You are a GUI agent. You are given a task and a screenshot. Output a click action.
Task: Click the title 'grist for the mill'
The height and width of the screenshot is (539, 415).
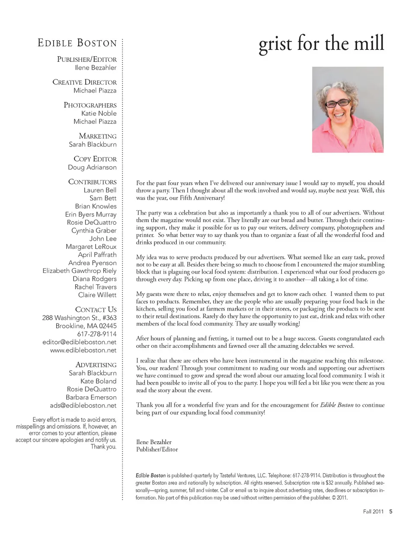pos(321,44)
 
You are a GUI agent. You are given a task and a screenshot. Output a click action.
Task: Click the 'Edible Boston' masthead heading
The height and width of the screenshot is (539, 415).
pos(77,43)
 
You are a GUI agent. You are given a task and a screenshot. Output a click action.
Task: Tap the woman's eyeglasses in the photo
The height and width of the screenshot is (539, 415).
pos(338,103)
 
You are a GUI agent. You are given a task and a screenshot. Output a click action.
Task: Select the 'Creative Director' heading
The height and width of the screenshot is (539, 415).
pos(84,82)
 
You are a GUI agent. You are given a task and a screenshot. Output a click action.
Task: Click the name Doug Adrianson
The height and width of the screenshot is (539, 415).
pos(92,167)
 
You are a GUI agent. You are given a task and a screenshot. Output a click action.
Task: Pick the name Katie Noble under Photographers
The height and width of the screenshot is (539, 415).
pos(99,113)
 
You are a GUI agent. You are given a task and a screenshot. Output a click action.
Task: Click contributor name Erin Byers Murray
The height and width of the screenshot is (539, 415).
pos(91,215)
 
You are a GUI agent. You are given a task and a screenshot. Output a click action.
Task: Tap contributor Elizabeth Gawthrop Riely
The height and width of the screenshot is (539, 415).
pos(80,271)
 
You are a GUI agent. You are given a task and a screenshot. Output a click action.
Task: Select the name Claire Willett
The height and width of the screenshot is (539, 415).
pos(97,295)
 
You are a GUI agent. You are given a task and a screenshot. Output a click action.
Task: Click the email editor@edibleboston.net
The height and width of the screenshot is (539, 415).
pos(80,342)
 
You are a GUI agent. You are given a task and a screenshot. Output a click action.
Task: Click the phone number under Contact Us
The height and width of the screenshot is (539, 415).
pos(97,334)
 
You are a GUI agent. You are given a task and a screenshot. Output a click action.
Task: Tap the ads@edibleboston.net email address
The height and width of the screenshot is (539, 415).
pos(83,406)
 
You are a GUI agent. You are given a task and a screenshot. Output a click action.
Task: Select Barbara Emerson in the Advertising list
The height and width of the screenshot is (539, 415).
pos(91,398)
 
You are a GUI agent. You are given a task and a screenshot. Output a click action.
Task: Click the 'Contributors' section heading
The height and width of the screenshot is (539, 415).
pos(92,182)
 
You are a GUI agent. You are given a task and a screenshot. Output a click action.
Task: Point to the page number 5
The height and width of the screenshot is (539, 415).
pos(391,512)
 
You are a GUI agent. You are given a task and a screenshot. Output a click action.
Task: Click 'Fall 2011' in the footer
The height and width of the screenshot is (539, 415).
pos(373,512)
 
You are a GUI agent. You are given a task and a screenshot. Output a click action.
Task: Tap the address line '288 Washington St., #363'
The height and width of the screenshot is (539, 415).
pos(79,318)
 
